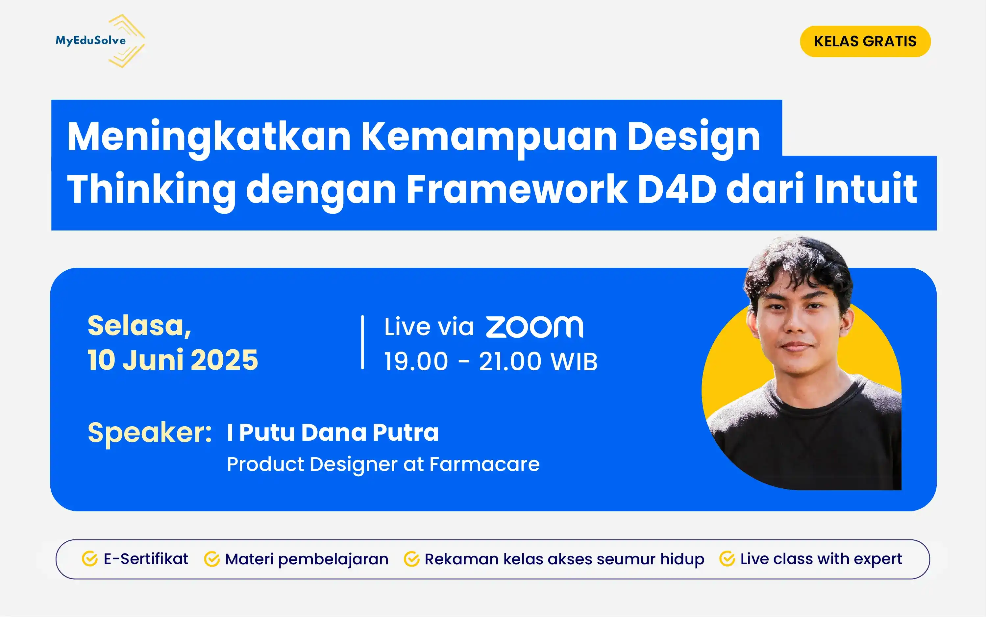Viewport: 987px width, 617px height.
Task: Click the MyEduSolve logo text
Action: click(x=90, y=40)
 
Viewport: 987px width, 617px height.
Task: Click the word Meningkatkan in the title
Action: click(x=209, y=137)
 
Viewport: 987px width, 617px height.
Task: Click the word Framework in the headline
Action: click(x=517, y=189)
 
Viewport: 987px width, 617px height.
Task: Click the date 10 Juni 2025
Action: click(x=173, y=360)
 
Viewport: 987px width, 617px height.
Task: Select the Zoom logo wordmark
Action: click(x=534, y=327)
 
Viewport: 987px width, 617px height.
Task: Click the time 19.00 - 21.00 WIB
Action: click(x=491, y=361)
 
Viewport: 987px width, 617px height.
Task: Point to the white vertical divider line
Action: click(x=362, y=342)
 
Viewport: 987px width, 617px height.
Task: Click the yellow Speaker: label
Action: click(x=149, y=432)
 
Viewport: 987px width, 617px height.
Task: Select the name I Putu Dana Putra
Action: click(x=333, y=432)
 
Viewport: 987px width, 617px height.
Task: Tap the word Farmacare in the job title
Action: click(x=484, y=464)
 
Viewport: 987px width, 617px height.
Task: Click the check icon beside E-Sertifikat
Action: click(x=89, y=559)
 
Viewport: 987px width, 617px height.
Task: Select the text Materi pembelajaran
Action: click(x=307, y=559)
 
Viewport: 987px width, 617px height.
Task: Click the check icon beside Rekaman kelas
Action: click(x=411, y=559)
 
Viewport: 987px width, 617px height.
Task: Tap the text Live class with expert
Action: click(x=821, y=559)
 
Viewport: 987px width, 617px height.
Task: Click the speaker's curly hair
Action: click(x=796, y=261)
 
